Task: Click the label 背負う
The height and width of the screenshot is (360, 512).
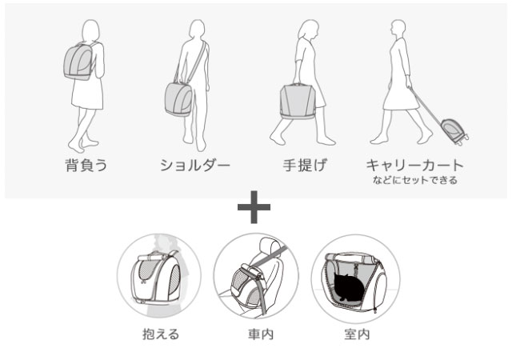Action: [86, 166]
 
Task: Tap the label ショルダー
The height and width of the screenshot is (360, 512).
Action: [195, 166]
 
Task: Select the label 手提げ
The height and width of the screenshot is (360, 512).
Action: [305, 166]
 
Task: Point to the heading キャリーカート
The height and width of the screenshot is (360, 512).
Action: [414, 166]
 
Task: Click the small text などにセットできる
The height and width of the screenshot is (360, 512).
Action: [415, 180]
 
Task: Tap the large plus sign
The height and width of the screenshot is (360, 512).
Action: [254, 207]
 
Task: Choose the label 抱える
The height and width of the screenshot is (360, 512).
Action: [161, 334]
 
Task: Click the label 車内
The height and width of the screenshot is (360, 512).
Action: [261, 334]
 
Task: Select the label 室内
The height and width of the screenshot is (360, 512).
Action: [357, 334]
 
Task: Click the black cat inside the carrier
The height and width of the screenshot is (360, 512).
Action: [349, 287]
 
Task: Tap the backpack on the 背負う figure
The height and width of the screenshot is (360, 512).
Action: [78, 62]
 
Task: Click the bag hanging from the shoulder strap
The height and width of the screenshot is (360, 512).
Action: [179, 99]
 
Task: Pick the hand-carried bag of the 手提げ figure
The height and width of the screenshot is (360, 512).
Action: [298, 102]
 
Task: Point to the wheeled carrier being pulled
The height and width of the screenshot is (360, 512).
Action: [454, 131]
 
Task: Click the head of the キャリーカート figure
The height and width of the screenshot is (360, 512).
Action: [398, 29]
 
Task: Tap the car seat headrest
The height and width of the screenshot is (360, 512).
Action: [270, 246]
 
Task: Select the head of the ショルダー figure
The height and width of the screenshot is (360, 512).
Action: [198, 30]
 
